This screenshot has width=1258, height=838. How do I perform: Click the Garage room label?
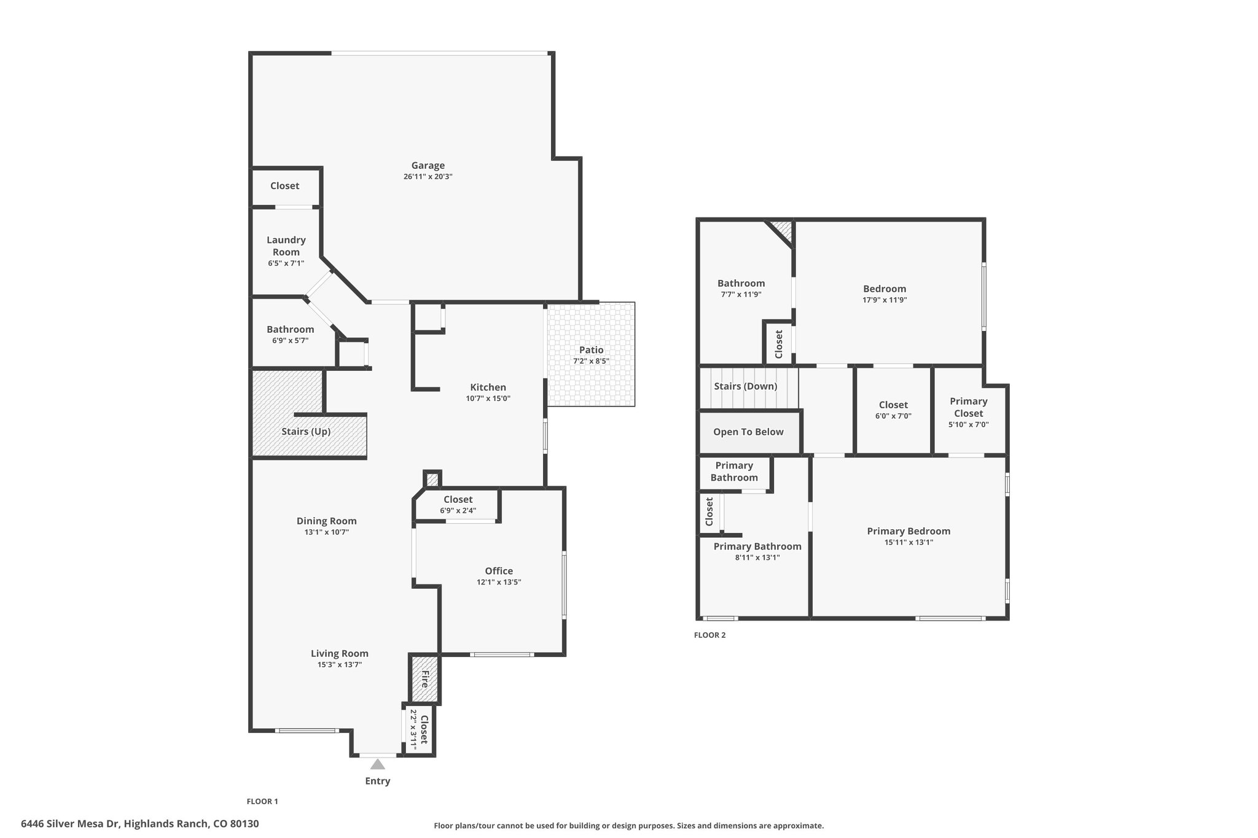click(428, 165)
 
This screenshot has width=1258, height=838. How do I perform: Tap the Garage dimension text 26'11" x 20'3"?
click(428, 177)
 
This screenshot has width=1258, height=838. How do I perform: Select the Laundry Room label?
click(286, 246)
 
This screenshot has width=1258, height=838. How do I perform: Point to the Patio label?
click(591, 350)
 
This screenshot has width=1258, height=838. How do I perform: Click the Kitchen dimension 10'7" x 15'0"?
click(488, 398)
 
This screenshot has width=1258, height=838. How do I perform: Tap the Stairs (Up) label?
click(306, 432)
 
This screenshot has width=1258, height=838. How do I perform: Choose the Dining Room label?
click(327, 521)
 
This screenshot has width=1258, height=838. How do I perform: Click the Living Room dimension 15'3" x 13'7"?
click(340, 664)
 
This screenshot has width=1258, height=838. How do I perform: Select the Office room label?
click(499, 571)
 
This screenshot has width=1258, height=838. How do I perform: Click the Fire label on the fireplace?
click(424, 679)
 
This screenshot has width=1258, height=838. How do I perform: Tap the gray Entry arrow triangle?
click(378, 764)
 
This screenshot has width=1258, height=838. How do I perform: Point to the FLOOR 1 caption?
click(262, 801)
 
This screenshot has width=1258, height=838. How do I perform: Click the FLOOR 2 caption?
click(710, 635)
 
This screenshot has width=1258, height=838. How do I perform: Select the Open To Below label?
click(748, 432)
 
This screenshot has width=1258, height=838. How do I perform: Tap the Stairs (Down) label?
click(746, 386)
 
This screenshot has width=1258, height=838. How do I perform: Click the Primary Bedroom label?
click(908, 532)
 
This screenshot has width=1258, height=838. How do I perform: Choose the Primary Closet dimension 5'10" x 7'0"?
click(969, 424)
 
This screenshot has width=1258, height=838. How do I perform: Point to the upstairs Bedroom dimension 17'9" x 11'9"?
click(885, 300)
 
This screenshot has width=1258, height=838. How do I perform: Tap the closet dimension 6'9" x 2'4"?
click(458, 511)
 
